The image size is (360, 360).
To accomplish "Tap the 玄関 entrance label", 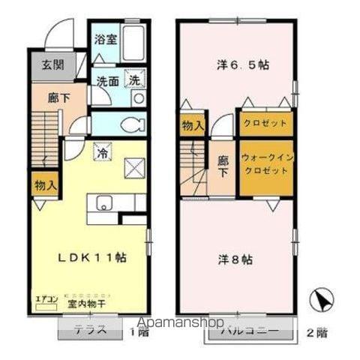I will click(43, 65).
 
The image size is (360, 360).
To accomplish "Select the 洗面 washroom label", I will click(106, 79).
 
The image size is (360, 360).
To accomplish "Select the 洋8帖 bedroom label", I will click(235, 259).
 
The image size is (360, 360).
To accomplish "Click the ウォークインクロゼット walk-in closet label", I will click(265, 164).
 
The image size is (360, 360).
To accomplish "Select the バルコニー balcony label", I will click(249, 330).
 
